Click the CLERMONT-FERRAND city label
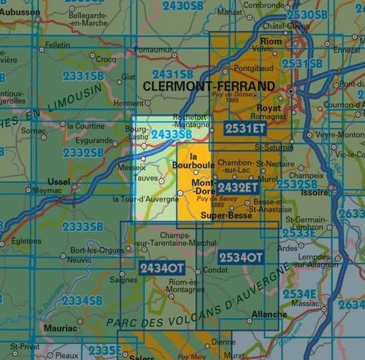click(x=209, y=87)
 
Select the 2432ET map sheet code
click(x=237, y=188)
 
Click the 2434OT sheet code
click(x=161, y=268)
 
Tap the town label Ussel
click(x=59, y=181)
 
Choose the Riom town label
click(x=272, y=41)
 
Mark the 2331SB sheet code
click(x=84, y=76)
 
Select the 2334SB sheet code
click(x=82, y=301)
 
